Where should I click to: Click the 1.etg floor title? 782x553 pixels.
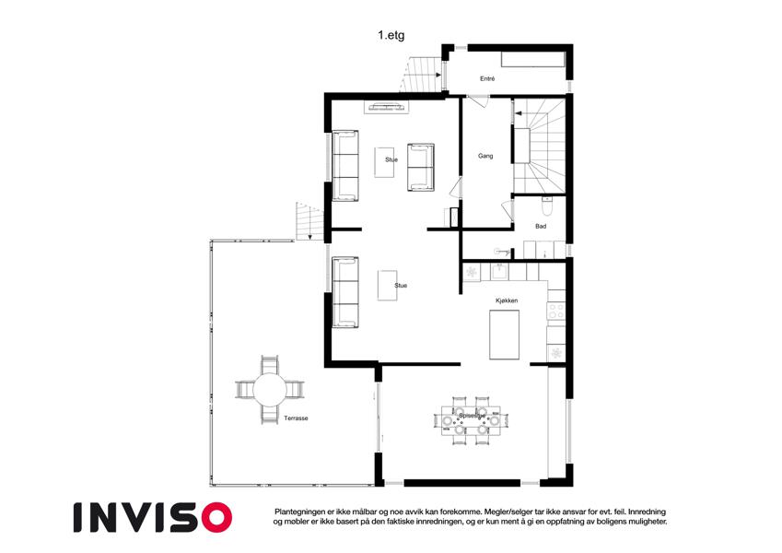point(391,35)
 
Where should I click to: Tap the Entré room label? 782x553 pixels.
point(487,79)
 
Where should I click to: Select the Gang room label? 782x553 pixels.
point(485,156)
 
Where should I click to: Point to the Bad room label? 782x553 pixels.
point(541,227)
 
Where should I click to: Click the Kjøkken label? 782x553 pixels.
point(507,301)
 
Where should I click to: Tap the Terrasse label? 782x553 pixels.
point(296,418)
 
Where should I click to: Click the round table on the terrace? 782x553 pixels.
point(269,390)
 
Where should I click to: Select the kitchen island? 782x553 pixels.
point(504,335)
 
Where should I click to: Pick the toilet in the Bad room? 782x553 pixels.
point(546,206)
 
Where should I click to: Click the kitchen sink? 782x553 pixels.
point(498,272)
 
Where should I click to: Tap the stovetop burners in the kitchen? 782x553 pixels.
point(555,312)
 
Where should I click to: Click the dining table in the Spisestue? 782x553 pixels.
point(472,420)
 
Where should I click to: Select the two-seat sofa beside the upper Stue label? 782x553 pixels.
point(421,167)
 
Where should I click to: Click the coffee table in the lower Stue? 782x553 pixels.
point(388,285)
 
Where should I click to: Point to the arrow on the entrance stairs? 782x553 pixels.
point(437,76)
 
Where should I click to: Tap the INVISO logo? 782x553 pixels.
point(153,517)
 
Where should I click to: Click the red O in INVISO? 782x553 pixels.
point(217,517)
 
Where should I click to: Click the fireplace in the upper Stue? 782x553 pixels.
point(386,106)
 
